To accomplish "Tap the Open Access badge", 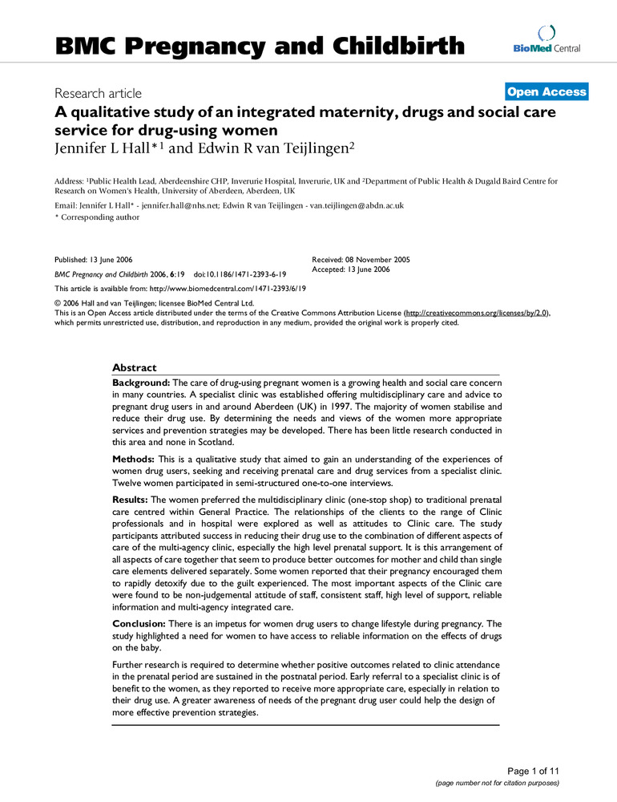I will pyautogui.click(x=547, y=91).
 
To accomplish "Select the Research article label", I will pyautogui.click(x=98, y=94).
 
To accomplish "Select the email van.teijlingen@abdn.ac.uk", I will pyautogui.click(x=358, y=205).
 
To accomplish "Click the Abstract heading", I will pyautogui.click(x=135, y=367).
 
